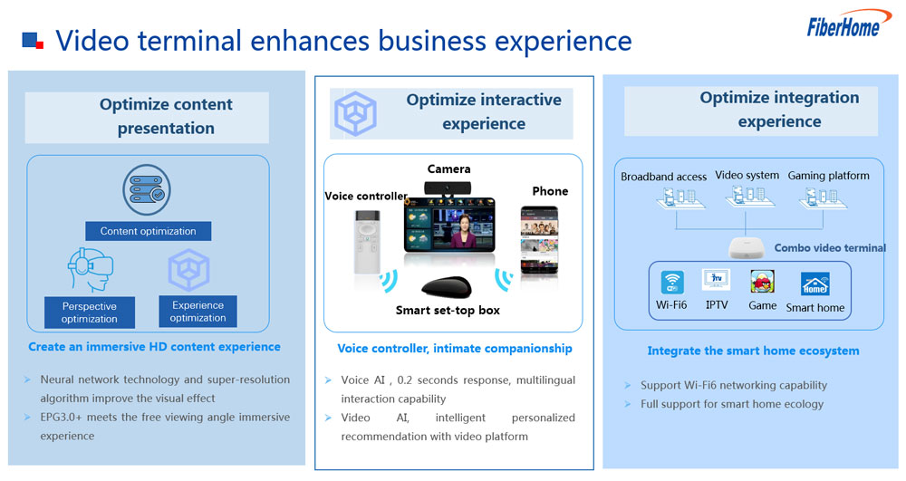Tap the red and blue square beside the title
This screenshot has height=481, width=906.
pos(33,41)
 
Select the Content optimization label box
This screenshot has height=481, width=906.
pos(148,231)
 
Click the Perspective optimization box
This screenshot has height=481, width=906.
pos(90,313)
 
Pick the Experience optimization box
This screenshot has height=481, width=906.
pos(198,312)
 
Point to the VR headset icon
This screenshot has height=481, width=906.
pos(90,269)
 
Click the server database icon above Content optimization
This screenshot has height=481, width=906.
pos(147,190)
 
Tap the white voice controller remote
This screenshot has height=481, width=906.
pos(367,241)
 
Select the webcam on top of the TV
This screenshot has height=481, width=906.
pos(448,188)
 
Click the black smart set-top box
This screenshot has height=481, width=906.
pos(446,287)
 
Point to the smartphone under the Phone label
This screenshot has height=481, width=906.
pos(539,240)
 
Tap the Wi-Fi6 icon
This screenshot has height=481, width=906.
pos(672,283)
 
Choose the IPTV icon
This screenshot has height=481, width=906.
pos(717,280)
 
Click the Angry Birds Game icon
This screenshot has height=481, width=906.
pos(762,282)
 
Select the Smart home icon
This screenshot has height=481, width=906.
pos(814,284)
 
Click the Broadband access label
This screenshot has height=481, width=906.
pos(663,177)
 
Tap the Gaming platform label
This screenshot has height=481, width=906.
pos(829,176)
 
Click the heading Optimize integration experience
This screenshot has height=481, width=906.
pos(779,109)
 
